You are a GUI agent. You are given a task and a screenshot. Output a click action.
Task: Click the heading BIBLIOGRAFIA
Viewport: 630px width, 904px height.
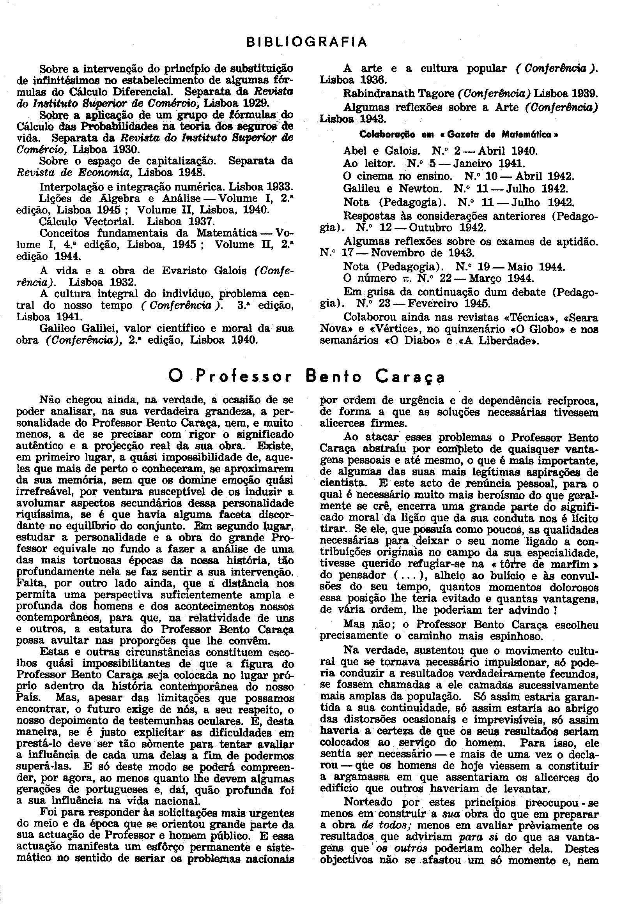pyautogui.click(x=306, y=42)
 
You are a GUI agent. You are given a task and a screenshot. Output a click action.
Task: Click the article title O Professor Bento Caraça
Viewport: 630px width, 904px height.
pyautogui.click(x=306, y=377)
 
